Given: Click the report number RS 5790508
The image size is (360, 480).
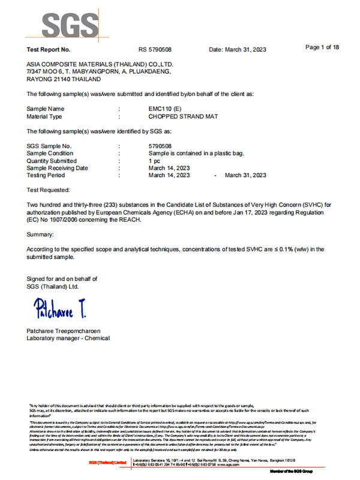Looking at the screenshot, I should point(155,49).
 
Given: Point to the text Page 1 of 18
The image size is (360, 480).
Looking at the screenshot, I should point(322,47).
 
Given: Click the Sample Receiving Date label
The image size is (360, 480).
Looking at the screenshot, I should point(58,168).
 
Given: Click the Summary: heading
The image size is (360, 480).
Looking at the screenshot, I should point(41,234).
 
